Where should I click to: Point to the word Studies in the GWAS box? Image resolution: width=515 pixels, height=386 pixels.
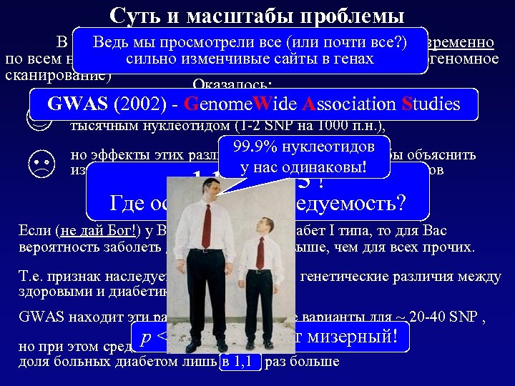click(x=431, y=104)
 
